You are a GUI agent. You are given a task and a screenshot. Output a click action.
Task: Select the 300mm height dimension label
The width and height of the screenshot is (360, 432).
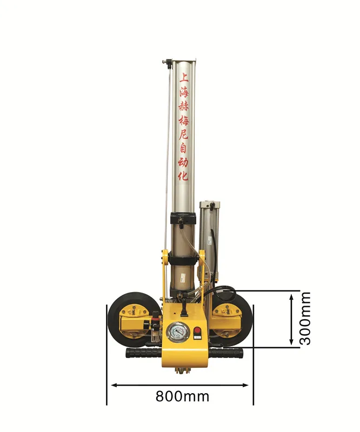pyautogui.click(x=305, y=318)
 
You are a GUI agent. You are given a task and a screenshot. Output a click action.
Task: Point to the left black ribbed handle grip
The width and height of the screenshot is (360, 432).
pyautogui.click(x=143, y=353)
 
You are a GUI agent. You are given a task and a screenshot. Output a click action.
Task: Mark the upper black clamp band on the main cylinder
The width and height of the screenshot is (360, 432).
pyautogui.click(x=185, y=219)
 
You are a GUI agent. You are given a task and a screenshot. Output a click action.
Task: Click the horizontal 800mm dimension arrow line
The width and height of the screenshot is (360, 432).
pyautogui.click(x=180, y=385)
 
